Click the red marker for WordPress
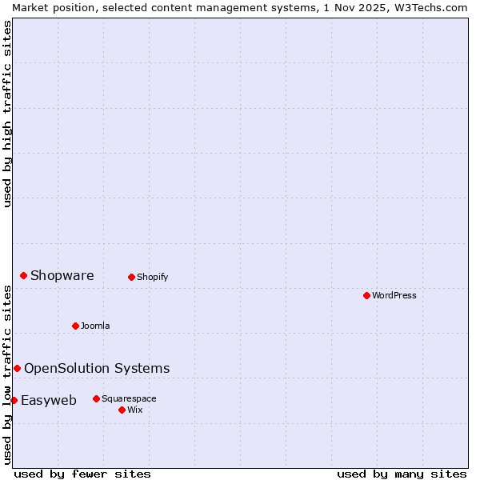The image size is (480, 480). coord(366,295)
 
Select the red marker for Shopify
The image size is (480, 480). coord(131,277)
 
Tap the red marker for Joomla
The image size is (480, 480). coord(75,326)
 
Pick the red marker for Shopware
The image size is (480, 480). coord(23,275)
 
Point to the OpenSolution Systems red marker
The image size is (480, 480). coord(17,368)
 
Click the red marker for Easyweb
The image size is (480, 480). coord(14,400)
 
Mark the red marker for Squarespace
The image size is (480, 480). coord(96,398)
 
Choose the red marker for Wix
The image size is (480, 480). coord(122,410)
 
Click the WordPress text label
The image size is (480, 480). coord(394,295)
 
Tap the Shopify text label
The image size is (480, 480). coord(152,277)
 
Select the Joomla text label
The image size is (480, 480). coord(95,326)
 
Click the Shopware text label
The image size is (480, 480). coord(62,276)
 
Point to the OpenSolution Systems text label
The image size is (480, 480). coord(97,368)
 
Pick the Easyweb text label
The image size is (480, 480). coord(49,401)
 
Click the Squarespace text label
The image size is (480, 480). coord(129,398)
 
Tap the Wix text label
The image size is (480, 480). coord(134,410)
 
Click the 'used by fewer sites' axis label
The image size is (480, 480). coord(82,474)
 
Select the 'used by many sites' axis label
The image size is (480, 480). coord(402,474)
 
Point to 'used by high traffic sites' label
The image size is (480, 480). coord(7,114)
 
